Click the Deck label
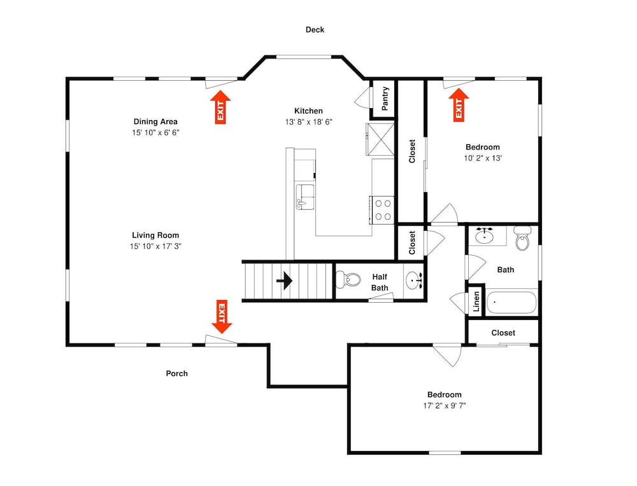[315, 30]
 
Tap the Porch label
[176, 373]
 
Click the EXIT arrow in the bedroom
[459, 105]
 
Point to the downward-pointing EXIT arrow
[222, 317]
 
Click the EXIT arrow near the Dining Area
[220, 107]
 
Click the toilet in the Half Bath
[348, 279]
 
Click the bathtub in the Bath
[511, 302]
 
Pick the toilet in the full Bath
[522, 238]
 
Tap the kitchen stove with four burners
[382, 210]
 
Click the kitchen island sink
[304, 197]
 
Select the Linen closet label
[476, 301]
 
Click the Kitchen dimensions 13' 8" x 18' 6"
[309, 121]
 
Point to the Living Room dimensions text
[155, 246]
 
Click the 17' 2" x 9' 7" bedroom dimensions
[445, 405]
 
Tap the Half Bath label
[380, 282]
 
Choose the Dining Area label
[155, 121]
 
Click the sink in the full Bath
[484, 236]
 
